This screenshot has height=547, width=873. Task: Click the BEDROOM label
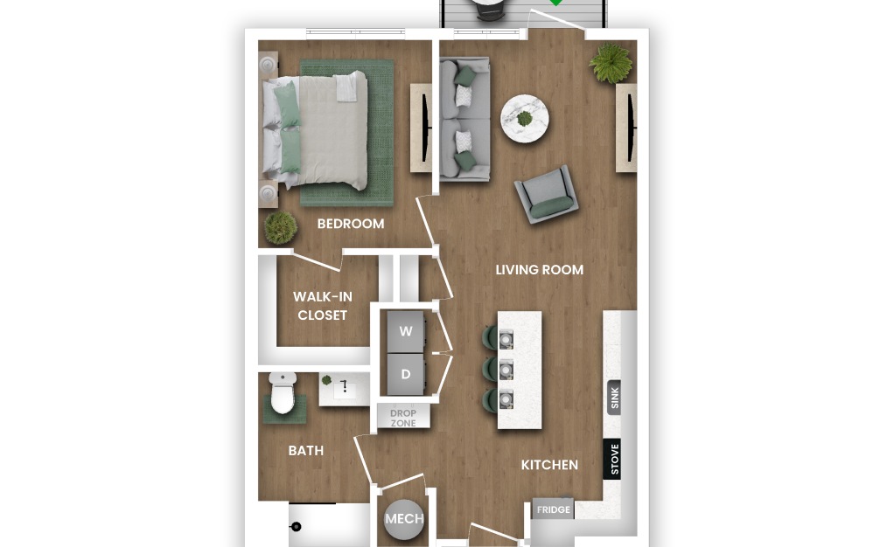pos(351,224)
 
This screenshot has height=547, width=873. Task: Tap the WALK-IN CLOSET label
pos(323,306)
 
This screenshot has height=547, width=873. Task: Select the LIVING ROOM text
pos(540,270)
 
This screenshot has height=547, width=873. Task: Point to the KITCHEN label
pos(549,465)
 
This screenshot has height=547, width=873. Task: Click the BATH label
pos(305,450)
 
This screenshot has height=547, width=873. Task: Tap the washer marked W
pos(406,331)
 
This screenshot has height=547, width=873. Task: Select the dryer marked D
pos(406,374)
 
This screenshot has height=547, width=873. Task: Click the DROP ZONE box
pos(403,417)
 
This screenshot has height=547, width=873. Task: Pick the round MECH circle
pos(404,519)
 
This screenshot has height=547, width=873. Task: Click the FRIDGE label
pos(554,509)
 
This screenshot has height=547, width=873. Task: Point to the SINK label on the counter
pos(614,398)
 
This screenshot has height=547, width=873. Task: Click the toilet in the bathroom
pos(283,392)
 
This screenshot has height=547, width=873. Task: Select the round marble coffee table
pos(525,119)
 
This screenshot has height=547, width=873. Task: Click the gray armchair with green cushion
pos(546,195)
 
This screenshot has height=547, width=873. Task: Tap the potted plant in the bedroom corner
pos(280,228)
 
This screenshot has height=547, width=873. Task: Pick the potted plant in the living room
pos(611,63)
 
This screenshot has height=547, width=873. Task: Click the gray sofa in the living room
pos(464,119)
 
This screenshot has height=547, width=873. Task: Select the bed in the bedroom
pos(315,131)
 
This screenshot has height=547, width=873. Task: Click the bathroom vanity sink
pos(344,389)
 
